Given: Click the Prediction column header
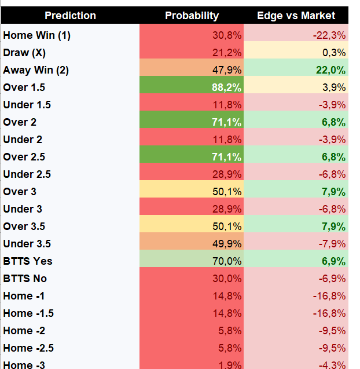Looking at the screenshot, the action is (70, 16).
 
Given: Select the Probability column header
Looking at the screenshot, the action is (192, 16).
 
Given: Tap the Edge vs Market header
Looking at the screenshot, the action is (296, 16).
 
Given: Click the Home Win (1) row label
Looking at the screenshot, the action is (36, 35).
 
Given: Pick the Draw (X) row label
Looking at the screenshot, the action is (24, 53).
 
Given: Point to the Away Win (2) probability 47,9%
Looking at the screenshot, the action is (227, 70).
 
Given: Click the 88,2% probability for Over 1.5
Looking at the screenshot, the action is (226, 87).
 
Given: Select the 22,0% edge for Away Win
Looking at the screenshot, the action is (330, 70).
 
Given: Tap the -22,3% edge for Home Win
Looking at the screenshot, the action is (329, 35).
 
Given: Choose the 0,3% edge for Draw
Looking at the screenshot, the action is (334, 53).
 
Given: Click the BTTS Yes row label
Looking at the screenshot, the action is (28, 261).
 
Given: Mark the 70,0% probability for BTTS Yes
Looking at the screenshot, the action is (227, 261).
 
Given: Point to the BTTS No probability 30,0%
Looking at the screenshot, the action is (227, 279).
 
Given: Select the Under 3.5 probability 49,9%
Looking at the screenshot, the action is (227, 244).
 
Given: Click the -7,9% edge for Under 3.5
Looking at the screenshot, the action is (332, 244).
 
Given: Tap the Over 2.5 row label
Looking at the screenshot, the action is (24, 157).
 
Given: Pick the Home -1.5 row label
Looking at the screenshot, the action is (28, 313).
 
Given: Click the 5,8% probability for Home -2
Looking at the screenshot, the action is (230, 331).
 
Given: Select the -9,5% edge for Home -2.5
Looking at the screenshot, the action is (332, 348).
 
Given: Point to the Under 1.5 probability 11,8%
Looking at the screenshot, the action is (227, 105).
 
